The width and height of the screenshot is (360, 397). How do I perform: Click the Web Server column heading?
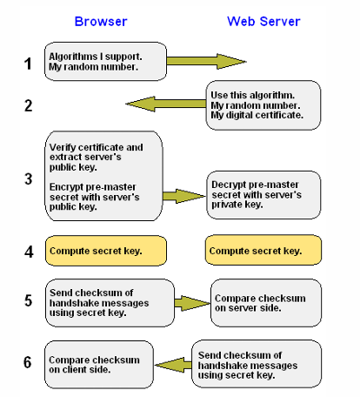(x=265, y=20)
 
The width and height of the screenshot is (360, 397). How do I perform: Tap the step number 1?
(x=28, y=63)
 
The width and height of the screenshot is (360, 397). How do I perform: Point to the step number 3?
(x=28, y=178)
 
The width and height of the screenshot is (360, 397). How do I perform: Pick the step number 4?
(x=28, y=251)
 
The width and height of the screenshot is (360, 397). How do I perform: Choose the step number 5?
(x=28, y=300)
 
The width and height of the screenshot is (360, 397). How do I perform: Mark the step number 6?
(x=28, y=360)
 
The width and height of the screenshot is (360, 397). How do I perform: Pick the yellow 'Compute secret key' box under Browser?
(x=105, y=251)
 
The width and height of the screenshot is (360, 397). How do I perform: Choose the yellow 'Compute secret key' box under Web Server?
(x=263, y=251)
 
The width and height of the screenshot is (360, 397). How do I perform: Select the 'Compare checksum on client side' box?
(x=98, y=365)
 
